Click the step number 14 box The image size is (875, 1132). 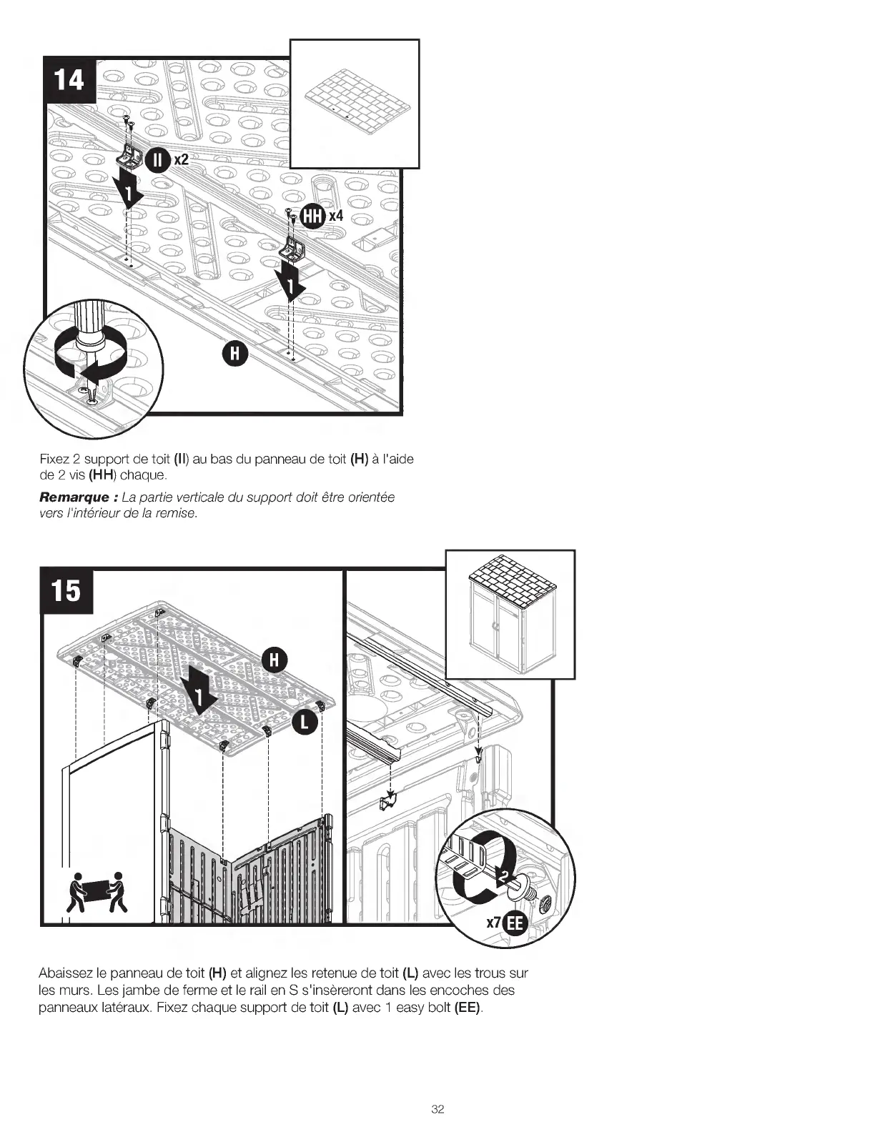click(x=69, y=79)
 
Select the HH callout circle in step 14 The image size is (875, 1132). click(x=313, y=216)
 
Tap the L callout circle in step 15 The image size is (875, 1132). click(x=305, y=722)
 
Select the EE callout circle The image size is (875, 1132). click(x=515, y=923)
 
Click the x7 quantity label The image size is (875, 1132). click(x=494, y=923)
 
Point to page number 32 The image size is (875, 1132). click(x=437, y=1108)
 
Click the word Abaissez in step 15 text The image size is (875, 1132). click(x=64, y=973)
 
